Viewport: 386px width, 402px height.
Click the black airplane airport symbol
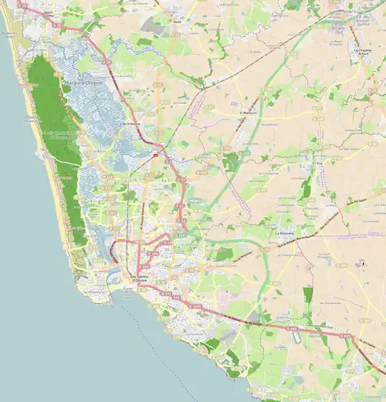pyautogui.click(x=358, y=263)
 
